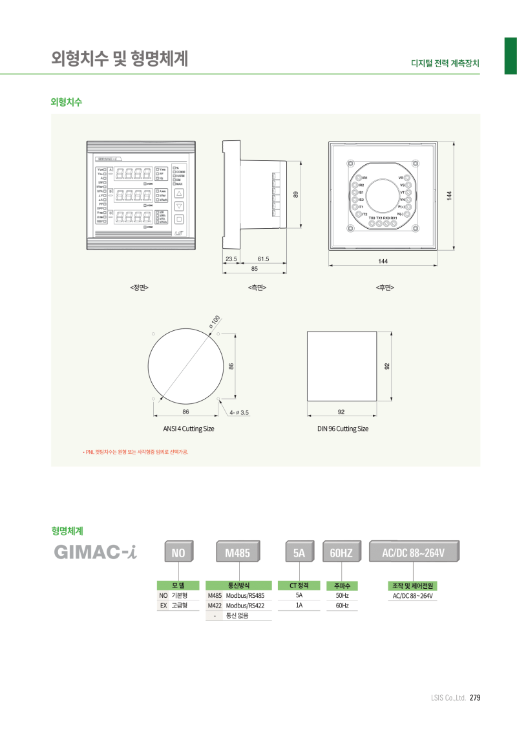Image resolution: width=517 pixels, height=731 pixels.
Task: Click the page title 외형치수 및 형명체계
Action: [120, 59]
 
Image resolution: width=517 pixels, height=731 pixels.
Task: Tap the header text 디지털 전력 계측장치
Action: [445, 64]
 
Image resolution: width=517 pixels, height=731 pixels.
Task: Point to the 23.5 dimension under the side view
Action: [231, 259]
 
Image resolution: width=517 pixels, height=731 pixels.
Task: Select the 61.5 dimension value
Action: [263, 259]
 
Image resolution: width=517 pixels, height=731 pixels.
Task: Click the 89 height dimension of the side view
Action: [295, 194]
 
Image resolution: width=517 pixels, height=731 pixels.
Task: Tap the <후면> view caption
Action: [385, 287]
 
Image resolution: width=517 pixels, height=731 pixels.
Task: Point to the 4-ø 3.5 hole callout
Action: [238, 412]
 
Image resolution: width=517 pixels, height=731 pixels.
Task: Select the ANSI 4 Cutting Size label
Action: [189, 429]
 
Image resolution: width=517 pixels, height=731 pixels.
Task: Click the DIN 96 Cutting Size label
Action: [343, 429]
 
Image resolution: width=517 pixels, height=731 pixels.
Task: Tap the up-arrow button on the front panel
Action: [180, 193]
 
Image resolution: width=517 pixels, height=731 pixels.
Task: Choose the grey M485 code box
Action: [237, 553]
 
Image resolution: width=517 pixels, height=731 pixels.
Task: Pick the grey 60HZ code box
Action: [341, 553]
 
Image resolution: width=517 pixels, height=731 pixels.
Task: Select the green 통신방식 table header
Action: [238, 585]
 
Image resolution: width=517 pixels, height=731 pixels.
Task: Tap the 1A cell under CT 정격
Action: [299, 606]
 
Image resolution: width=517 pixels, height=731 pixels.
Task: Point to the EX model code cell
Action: [163, 606]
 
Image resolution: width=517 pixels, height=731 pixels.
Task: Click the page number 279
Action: [475, 697]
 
